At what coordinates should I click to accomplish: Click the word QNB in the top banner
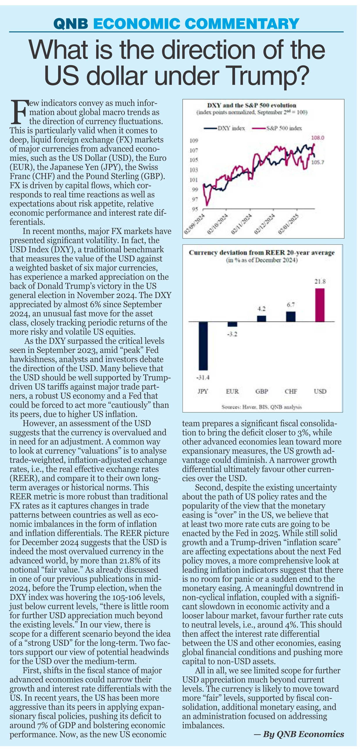pos(71,23)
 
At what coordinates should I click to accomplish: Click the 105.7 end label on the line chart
pos(317,162)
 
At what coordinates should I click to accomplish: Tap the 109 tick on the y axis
pos(194,141)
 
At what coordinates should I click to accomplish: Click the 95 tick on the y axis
pos(195,209)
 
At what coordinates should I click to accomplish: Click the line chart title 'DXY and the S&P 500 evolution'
pos(251,105)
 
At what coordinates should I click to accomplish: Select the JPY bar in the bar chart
pos(203,346)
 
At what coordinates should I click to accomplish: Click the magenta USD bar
pos(320,305)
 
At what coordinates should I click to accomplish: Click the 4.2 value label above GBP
pos(262,308)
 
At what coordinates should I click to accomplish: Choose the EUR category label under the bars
pos(232,391)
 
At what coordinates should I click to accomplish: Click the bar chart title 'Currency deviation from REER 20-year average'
pos(262,253)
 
